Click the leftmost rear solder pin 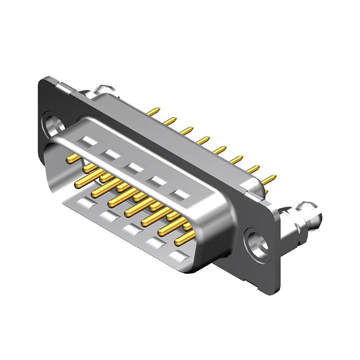(153, 111)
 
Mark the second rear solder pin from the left (169, 120)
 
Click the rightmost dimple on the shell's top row (181, 196)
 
